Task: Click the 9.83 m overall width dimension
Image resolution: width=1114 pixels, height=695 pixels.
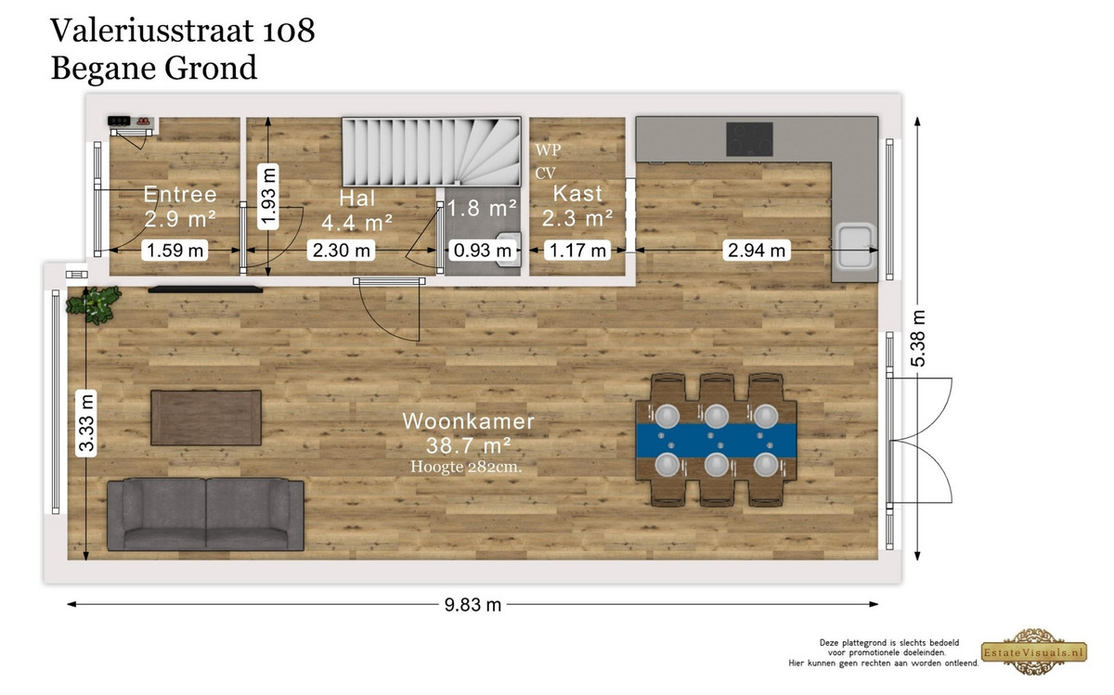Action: click(473, 605)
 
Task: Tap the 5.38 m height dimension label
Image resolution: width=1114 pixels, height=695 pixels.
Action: click(918, 339)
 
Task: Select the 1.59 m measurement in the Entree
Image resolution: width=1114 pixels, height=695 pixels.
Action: click(175, 250)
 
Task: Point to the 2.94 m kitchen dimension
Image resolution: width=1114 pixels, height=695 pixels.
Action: click(757, 250)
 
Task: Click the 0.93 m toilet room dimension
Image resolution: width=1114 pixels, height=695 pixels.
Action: click(483, 250)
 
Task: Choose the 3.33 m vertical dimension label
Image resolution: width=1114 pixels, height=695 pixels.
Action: click(86, 422)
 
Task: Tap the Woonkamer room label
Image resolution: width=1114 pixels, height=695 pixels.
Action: click(468, 421)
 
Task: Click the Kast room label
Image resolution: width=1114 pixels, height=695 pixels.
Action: click(577, 193)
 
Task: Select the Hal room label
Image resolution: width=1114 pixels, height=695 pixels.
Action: click(357, 199)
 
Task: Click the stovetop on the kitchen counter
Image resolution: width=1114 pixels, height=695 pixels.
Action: click(749, 139)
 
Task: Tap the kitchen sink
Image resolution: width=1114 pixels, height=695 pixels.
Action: click(855, 247)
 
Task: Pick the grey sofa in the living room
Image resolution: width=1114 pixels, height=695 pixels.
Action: click(205, 515)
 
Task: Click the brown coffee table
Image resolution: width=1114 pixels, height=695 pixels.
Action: click(206, 418)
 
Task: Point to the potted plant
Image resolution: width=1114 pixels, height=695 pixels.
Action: click(94, 304)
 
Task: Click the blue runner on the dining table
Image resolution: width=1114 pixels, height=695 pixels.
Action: click(716, 441)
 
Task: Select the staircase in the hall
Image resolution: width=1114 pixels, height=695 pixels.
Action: click(431, 152)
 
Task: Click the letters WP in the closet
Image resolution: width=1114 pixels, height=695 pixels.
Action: click(548, 149)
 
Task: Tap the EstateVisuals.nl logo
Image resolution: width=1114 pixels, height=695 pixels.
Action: click(1034, 652)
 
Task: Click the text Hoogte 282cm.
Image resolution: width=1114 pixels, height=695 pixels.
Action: click(466, 467)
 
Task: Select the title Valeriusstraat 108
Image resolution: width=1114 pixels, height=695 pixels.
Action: click(183, 31)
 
